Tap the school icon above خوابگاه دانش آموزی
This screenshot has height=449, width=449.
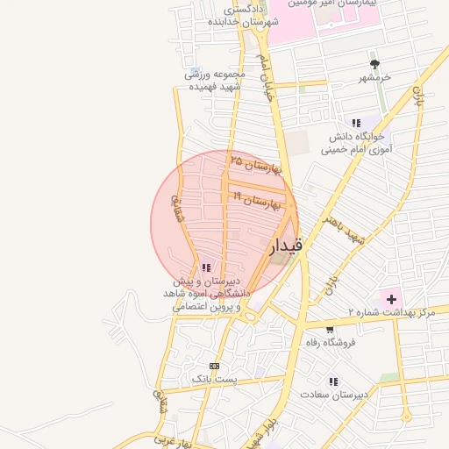point(356,123)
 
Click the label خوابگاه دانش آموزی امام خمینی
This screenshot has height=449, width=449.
point(357,144)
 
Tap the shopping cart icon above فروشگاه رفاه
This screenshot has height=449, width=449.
point(329,330)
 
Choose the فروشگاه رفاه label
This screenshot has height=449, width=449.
point(329,343)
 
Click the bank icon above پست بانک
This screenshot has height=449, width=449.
point(213,366)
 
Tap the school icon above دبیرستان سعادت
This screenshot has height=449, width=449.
point(333,381)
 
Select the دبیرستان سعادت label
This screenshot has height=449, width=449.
point(333,395)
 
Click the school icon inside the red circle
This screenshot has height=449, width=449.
point(205,267)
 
